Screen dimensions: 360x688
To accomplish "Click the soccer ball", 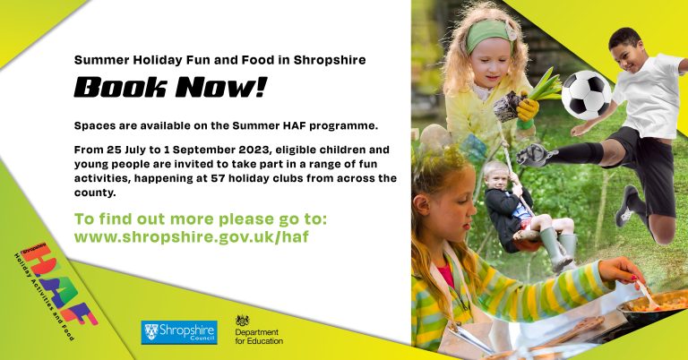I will click(586, 95).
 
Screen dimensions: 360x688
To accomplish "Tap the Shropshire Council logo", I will click(178, 332).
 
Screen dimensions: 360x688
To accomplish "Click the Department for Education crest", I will click(243, 321).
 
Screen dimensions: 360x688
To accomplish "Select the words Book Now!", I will click(170, 87).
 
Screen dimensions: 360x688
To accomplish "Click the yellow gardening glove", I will click(526, 108).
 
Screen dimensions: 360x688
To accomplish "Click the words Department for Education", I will click(259, 336).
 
